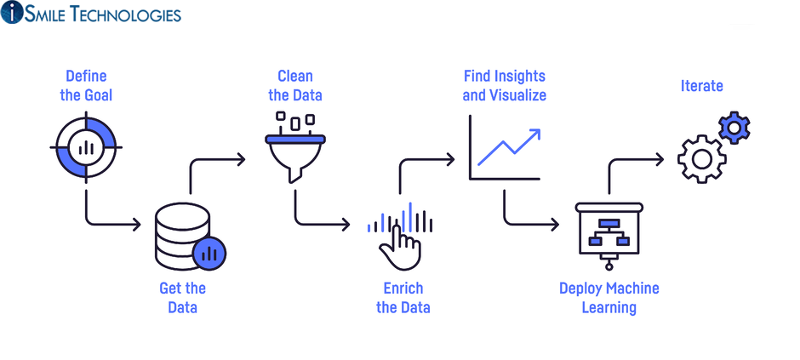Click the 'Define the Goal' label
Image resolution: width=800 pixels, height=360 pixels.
(x=86, y=86)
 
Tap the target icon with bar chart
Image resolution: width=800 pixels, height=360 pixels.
(x=86, y=146)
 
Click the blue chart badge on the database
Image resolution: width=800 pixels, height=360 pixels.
(x=209, y=252)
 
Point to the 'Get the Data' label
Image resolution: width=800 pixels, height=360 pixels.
(x=182, y=298)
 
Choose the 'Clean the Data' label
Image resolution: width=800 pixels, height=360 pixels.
(x=295, y=86)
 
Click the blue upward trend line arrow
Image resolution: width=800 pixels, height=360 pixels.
(x=509, y=146)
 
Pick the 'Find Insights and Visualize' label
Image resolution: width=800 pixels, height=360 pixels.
(x=504, y=86)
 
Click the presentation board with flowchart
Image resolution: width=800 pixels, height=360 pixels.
(x=609, y=231)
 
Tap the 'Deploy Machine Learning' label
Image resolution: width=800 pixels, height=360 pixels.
(x=609, y=298)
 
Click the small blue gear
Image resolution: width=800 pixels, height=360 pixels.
(x=734, y=129)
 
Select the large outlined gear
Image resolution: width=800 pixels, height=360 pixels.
(x=701, y=157)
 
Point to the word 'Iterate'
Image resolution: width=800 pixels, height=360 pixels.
(x=702, y=86)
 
